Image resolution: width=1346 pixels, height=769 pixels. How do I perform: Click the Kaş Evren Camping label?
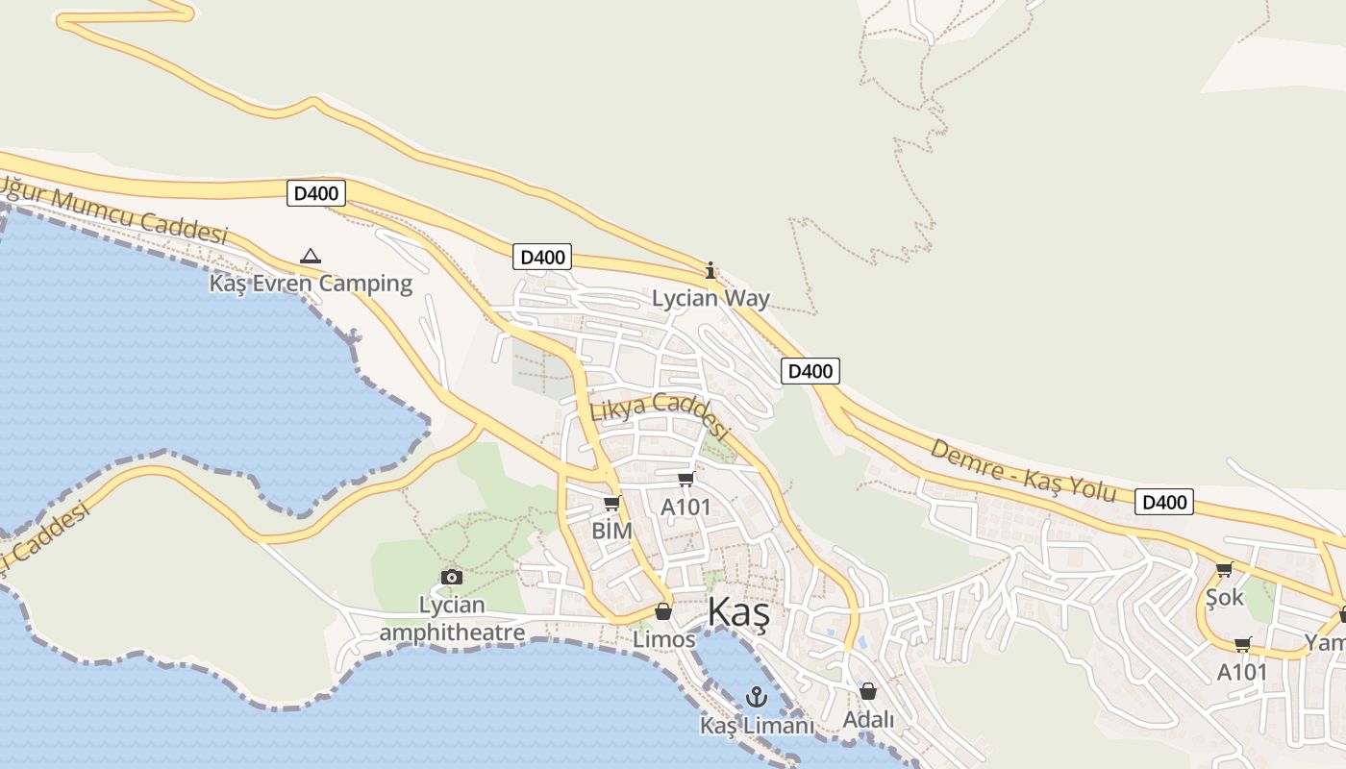(311, 284)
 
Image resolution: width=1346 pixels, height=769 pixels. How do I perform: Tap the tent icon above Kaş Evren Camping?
(310, 256)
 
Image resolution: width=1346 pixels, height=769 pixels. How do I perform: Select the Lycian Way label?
(710, 298)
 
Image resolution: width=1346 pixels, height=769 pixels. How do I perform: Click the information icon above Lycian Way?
(710, 270)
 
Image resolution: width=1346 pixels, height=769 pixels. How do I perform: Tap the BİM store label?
(611, 531)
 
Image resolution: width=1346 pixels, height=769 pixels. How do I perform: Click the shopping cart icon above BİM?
(611, 504)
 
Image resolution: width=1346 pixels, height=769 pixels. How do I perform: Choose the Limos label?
(663, 639)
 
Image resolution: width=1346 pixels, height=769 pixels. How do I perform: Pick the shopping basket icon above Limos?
(662, 611)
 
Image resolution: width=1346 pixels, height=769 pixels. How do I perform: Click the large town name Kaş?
(738, 613)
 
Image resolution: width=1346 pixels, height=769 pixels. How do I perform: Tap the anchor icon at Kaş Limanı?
(757, 697)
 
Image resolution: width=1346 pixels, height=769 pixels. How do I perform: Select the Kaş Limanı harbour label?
(757, 725)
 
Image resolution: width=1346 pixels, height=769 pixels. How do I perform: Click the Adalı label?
(868, 719)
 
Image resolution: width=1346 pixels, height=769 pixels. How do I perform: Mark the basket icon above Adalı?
(868, 691)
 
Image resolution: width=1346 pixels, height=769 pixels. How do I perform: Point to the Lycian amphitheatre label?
(452, 618)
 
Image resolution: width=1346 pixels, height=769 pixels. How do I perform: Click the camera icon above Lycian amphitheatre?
(451, 577)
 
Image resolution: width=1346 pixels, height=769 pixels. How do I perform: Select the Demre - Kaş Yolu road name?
(1023, 471)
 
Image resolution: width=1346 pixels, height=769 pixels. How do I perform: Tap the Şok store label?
(1225, 597)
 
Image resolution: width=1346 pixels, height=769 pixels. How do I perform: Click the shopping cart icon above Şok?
(1224, 570)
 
